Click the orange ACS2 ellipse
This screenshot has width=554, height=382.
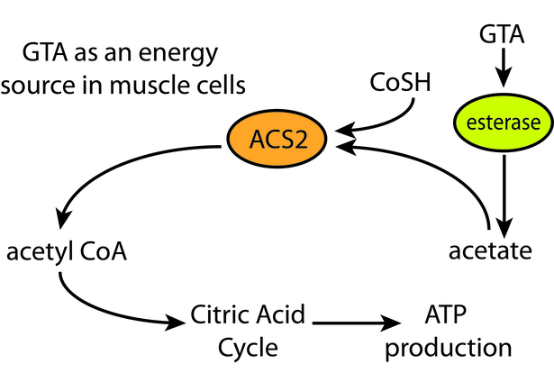coord(277,139)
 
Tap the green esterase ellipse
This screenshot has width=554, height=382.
coord(504,123)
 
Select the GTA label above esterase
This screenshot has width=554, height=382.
coord(502,34)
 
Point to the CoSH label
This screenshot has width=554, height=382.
coord(400,82)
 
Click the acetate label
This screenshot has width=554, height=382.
coord(490,250)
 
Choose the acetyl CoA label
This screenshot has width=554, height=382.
coord(67,252)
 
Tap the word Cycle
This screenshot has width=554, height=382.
coord(248,348)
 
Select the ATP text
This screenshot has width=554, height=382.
coord(445,314)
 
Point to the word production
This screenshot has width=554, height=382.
coord(449,348)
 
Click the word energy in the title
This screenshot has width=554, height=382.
coord(178,54)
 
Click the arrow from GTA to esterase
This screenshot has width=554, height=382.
coord(504,68)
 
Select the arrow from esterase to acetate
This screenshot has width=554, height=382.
coord(504,196)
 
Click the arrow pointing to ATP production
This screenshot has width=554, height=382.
coord(357,323)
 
